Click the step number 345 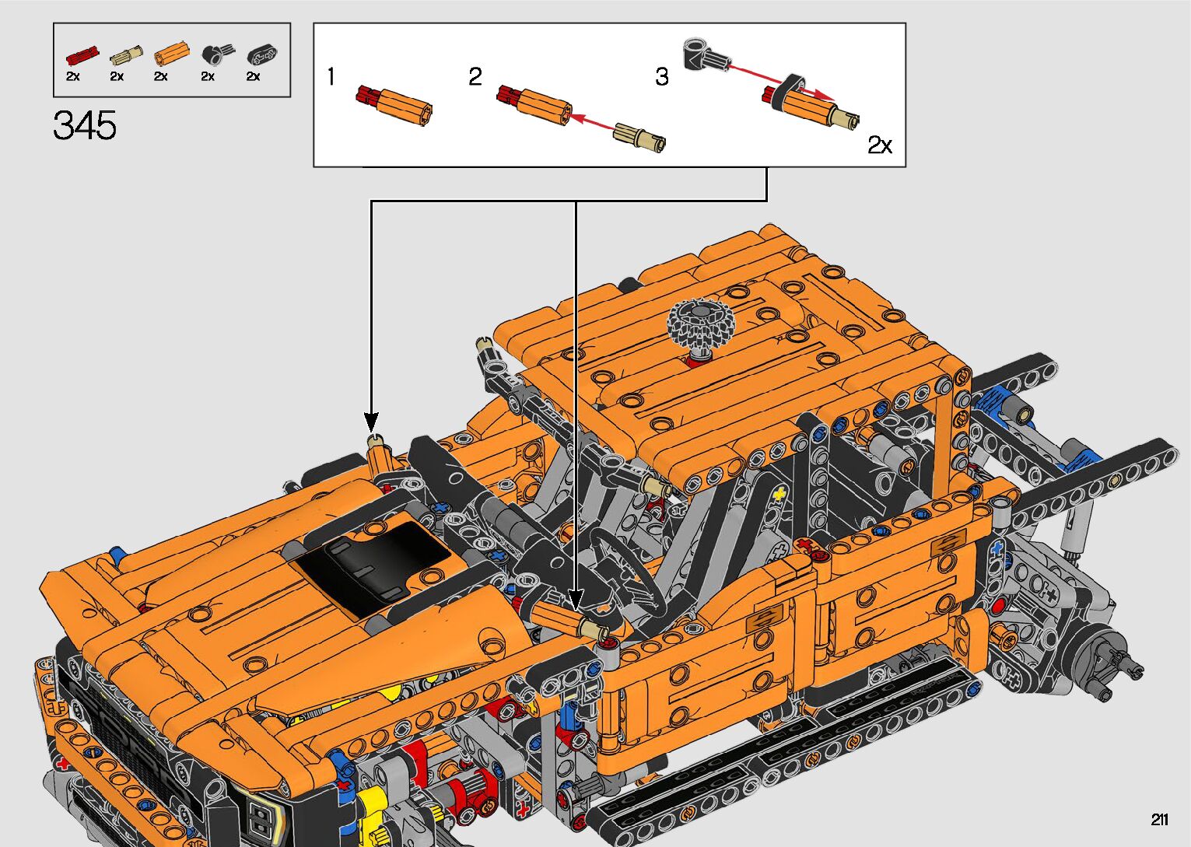coord(85,125)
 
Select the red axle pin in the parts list coord(82,55)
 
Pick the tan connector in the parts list coord(126,55)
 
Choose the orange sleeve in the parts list coord(172,54)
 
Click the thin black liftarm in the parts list coord(262,55)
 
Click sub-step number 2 coord(475,76)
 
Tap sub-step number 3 coord(661,76)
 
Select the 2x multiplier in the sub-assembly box coord(879,145)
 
